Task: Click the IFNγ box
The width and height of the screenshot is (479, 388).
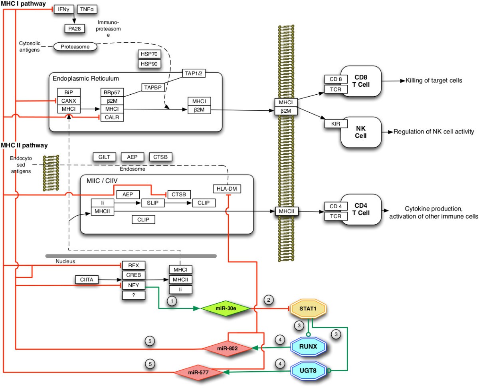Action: point(62,9)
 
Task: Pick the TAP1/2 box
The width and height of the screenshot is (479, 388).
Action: point(194,73)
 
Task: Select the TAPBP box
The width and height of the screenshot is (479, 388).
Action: point(153,88)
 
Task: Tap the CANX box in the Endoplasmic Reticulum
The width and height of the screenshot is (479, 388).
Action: point(68,100)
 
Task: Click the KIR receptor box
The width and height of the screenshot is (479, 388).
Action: point(333,123)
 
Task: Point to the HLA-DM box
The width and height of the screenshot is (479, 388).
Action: point(228,189)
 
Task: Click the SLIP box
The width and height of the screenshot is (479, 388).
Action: point(153,203)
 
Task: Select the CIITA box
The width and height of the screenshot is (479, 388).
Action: point(87,279)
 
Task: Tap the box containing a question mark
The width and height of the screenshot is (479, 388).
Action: point(133,295)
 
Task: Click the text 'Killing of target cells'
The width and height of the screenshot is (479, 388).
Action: point(434,80)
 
